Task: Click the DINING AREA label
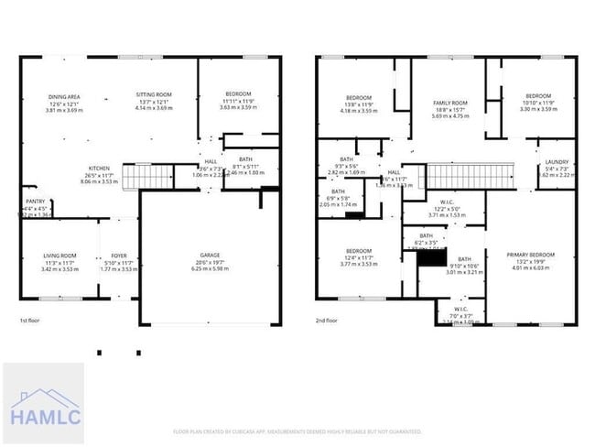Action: [x=65, y=96]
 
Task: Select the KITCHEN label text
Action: [x=99, y=169]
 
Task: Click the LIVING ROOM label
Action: [x=59, y=256]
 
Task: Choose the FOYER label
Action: [x=119, y=256]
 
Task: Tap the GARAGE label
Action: [x=211, y=256]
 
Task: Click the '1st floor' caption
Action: [x=30, y=321]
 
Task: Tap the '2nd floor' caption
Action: [x=327, y=321]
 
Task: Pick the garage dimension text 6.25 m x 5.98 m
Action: [x=211, y=268]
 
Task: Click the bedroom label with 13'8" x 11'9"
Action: [x=358, y=98]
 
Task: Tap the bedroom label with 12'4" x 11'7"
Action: [x=358, y=251]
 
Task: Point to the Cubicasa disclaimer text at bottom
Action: [x=297, y=431]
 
